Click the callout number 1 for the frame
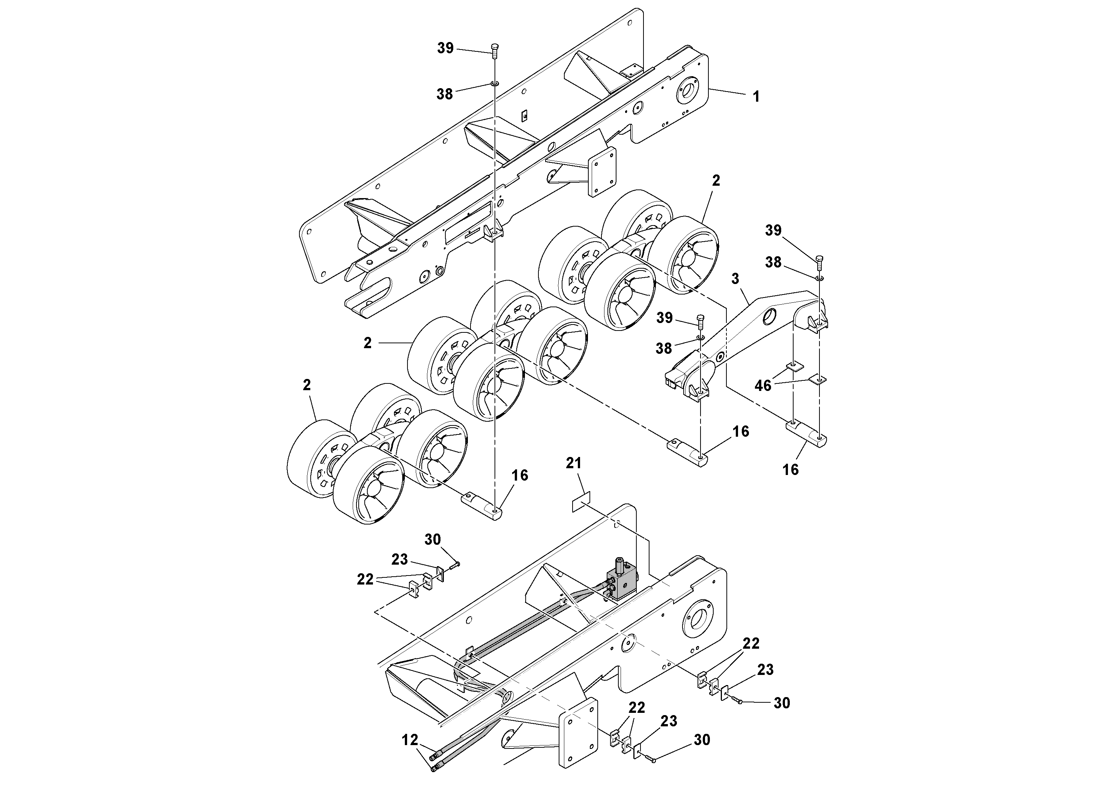click(756, 97)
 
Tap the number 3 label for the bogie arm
click(735, 279)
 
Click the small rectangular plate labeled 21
click(581, 502)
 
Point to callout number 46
click(763, 385)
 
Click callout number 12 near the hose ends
click(410, 740)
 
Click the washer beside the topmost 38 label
click(494, 84)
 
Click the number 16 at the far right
click(791, 469)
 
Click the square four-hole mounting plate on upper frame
click(602, 171)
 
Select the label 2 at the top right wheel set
click(716, 180)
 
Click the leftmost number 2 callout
click(307, 385)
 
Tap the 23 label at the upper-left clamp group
click(400, 559)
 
